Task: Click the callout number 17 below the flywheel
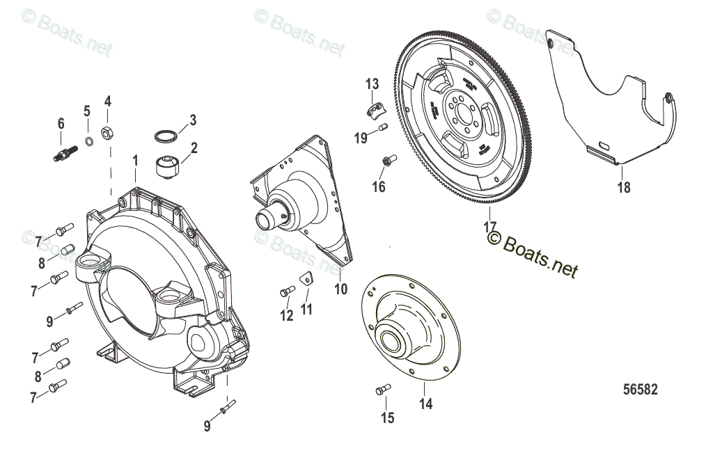tap(489, 226)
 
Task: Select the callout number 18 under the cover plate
tap(624, 187)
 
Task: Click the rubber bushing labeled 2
tap(170, 166)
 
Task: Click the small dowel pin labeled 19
tap(382, 127)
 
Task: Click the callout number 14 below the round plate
tap(425, 404)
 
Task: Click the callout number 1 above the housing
tap(136, 161)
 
